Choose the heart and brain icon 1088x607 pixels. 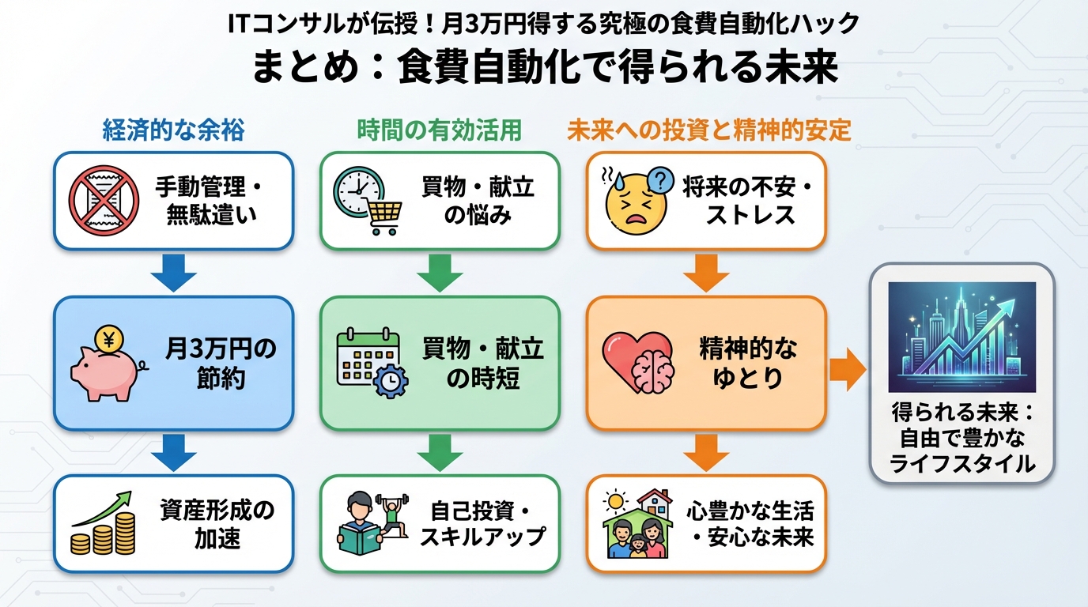[x=637, y=362]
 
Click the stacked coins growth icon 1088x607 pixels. [x=104, y=523]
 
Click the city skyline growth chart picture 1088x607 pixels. [x=961, y=337]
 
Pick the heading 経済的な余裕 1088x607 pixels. [x=173, y=130]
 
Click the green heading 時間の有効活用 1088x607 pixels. [x=439, y=130]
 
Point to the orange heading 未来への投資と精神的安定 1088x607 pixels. [x=708, y=130]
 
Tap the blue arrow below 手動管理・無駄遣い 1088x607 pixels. [x=173, y=273]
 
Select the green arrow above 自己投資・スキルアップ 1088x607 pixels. [x=440, y=451]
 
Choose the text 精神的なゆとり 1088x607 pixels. [x=748, y=363]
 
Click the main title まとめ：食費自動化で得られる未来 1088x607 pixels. [x=544, y=67]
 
